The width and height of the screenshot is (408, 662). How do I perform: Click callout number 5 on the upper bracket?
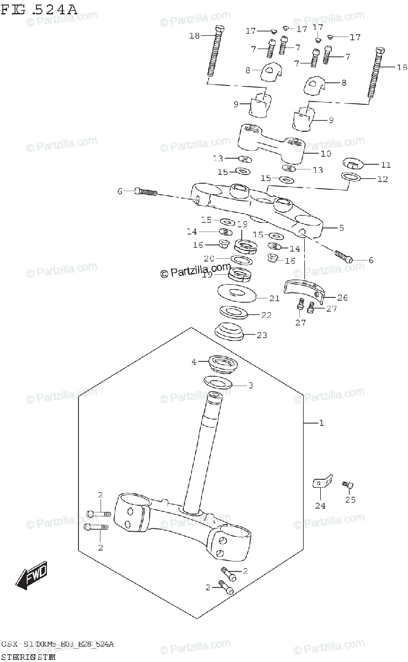(341, 227)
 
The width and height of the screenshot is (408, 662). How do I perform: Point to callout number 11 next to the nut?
(385, 164)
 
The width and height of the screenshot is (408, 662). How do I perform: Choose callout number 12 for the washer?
(382, 179)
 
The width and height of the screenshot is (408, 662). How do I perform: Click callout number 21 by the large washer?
(274, 298)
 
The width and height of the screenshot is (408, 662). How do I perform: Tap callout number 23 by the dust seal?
(262, 334)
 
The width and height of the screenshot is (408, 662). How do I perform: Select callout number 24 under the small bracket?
(320, 505)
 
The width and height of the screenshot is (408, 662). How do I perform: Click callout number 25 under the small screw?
(350, 500)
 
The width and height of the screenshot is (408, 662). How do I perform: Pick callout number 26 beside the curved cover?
(342, 297)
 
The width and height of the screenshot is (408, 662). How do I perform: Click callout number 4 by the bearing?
(194, 362)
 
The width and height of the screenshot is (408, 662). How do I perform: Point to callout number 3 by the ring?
(250, 385)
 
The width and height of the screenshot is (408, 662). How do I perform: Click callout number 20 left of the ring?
(209, 258)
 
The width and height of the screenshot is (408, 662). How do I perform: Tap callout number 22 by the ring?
(266, 315)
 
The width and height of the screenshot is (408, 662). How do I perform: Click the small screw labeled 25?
(348, 484)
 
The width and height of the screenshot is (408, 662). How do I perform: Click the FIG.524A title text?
(39, 8)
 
